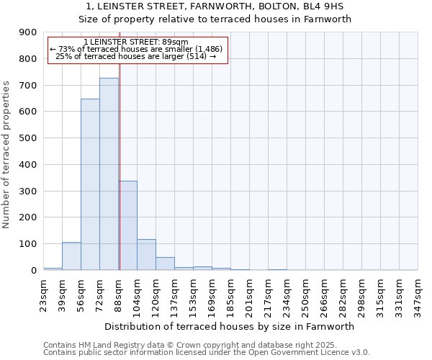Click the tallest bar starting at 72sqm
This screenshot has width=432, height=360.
pyautogui.click(x=109, y=174)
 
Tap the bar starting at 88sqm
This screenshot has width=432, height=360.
pyautogui.click(x=127, y=225)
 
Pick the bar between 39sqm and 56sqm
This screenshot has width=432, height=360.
pyautogui.click(x=71, y=256)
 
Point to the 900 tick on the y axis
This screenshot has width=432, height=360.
pyautogui.click(x=28, y=32)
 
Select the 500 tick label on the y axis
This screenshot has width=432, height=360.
pyautogui.click(x=28, y=138)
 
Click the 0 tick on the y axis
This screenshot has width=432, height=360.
pyautogui.click(x=33, y=270)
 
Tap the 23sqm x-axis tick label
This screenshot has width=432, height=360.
pyautogui.click(x=43, y=294)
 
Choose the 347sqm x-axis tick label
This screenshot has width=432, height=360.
pyautogui.click(x=418, y=294)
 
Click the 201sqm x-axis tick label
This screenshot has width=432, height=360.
pyautogui.click(x=249, y=294)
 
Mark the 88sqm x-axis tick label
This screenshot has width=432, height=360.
pyautogui.click(x=118, y=294)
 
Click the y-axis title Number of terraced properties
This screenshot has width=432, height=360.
pyautogui.click(x=7, y=155)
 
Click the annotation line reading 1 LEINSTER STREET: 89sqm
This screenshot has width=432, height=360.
pyautogui.click(x=135, y=42)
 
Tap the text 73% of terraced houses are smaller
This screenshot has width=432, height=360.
pyautogui.click(x=137, y=49)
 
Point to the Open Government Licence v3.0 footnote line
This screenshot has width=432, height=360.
pyautogui.click(x=207, y=353)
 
